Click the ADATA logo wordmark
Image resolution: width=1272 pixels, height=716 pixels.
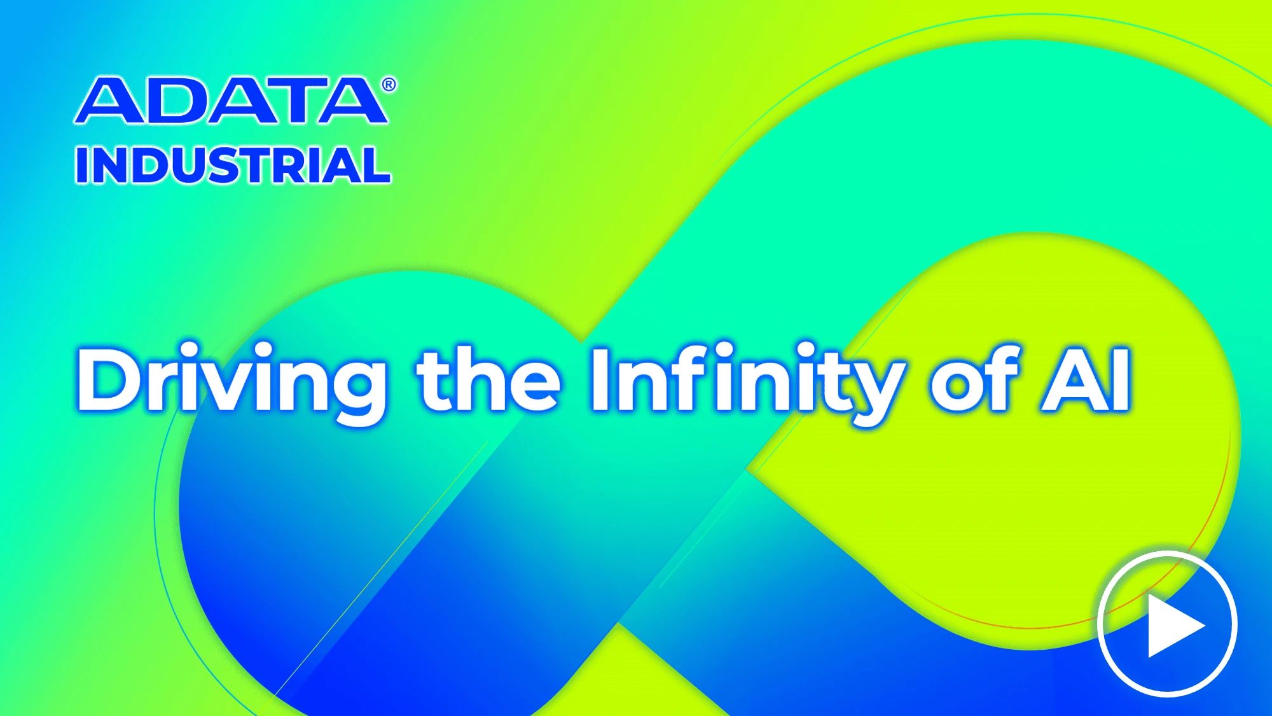(232, 101)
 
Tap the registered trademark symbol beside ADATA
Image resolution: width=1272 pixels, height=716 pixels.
(389, 85)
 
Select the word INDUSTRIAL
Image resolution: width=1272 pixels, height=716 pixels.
(233, 165)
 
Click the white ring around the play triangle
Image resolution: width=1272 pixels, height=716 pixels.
(1099, 624)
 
